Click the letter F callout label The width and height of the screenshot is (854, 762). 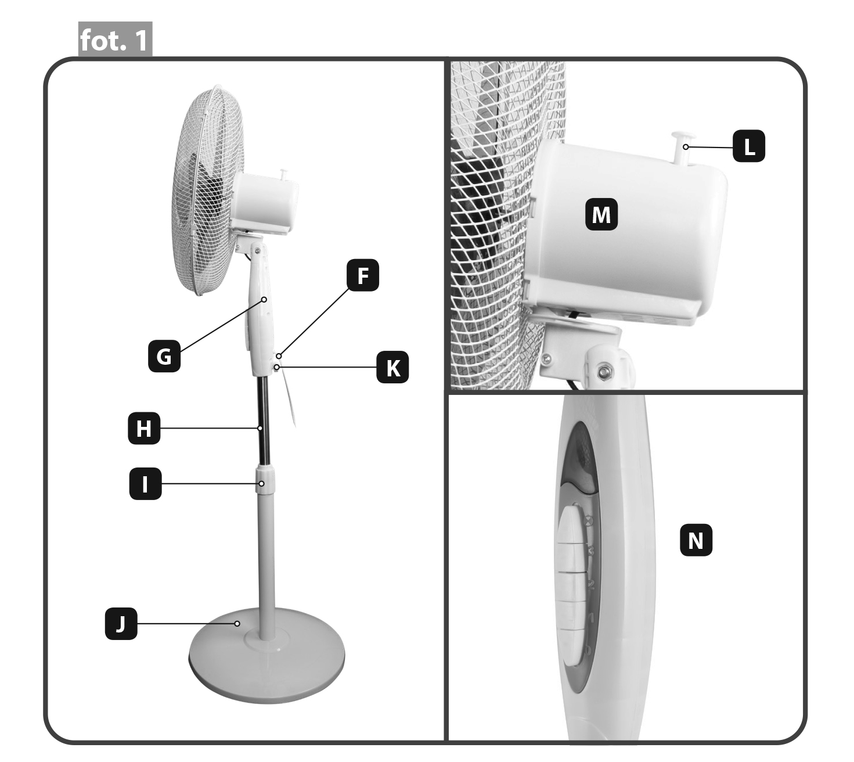(x=362, y=275)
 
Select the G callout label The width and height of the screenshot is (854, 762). (x=164, y=357)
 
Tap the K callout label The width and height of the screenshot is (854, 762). (x=392, y=367)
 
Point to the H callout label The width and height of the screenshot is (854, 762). (x=144, y=429)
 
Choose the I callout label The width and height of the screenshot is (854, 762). (x=145, y=484)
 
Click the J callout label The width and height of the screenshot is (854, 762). (x=121, y=624)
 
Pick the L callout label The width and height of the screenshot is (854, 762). (x=748, y=146)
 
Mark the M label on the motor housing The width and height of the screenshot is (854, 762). (x=601, y=214)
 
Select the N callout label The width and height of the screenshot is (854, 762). (x=696, y=540)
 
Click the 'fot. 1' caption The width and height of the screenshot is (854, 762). (x=115, y=39)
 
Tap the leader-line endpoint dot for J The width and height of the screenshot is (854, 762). (x=237, y=623)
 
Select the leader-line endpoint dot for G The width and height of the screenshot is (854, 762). (x=264, y=300)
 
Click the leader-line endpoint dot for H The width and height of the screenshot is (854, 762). (x=260, y=429)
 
